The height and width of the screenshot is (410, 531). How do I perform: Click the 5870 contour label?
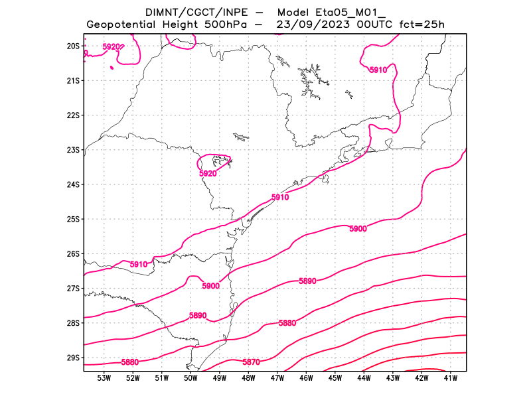(x=251, y=362)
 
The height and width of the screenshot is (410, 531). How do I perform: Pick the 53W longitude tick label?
(x=104, y=379)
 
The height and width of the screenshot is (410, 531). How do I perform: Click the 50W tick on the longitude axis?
(x=190, y=379)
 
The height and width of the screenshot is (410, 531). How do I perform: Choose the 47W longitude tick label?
(x=277, y=379)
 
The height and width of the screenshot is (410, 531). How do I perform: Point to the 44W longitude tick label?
(x=364, y=379)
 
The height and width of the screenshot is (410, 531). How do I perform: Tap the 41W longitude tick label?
(x=451, y=379)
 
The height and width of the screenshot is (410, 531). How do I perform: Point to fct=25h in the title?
(x=421, y=25)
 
